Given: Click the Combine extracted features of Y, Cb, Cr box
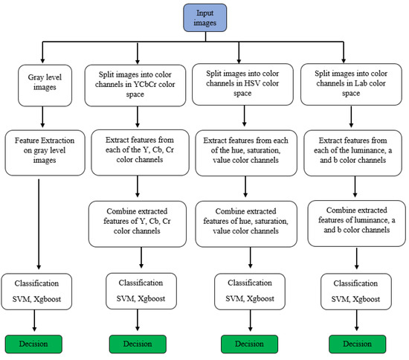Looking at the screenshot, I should coord(140,221).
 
